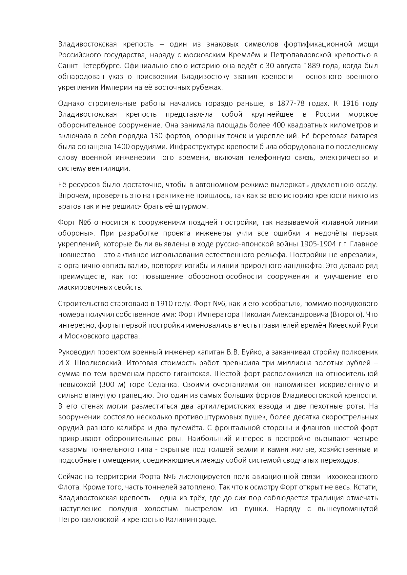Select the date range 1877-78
(x=291, y=104)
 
